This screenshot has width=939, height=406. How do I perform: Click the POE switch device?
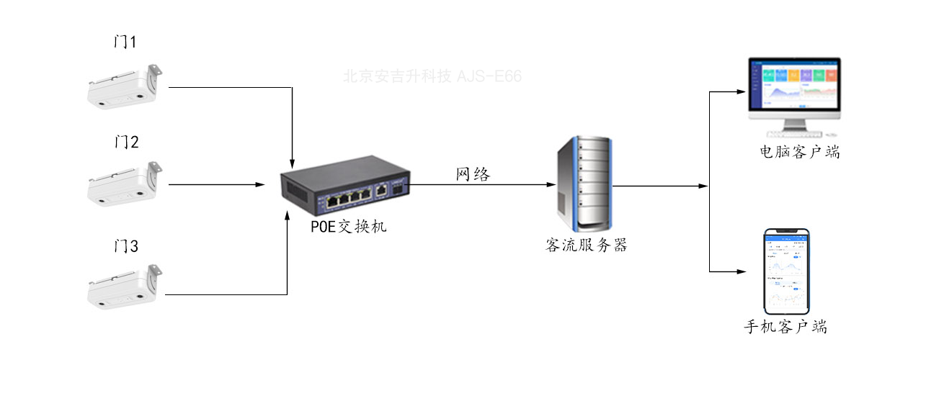coord(345,185)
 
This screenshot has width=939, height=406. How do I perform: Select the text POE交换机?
coord(349,227)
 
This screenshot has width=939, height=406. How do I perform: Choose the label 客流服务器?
coord(586,245)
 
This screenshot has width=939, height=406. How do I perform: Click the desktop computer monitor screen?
coord(794,85)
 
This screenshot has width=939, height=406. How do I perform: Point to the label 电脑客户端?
coord(799,153)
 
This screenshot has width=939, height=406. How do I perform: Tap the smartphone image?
coord(786,271)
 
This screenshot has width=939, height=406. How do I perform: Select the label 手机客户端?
coord(785,328)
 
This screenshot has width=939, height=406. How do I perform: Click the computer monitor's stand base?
coord(794,133)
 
